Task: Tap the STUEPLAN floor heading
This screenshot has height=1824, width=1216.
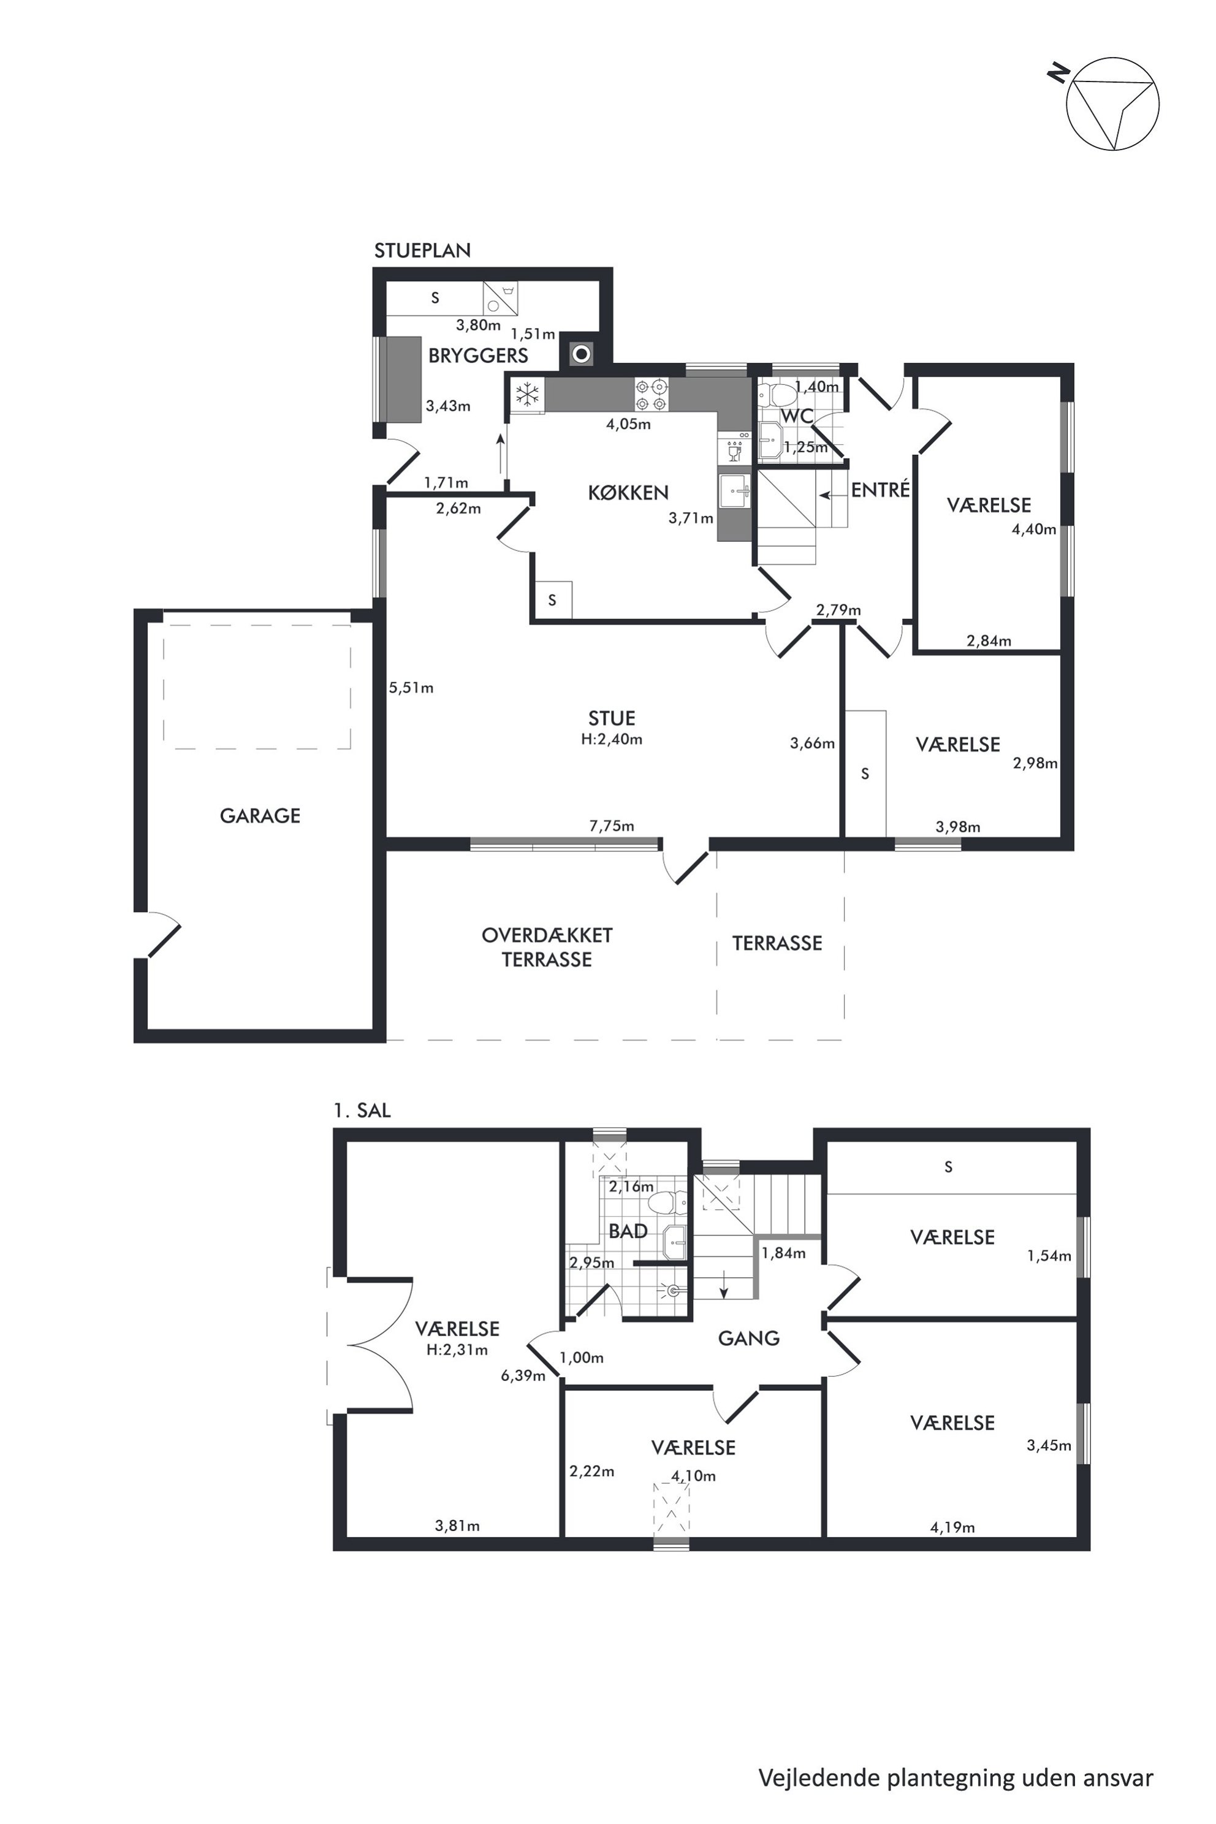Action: (423, 251)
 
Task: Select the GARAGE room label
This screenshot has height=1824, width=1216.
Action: (260, 815)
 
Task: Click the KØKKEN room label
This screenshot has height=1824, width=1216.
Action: (628, 492)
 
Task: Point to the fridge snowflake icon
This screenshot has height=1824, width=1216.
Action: (527, 394)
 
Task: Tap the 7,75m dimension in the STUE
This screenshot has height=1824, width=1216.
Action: (612, 826)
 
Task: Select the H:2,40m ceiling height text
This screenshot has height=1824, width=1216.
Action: (612, 739)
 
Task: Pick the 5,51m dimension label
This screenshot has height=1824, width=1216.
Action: (411, 687)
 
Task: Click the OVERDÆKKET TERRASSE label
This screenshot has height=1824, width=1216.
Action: (547, 947)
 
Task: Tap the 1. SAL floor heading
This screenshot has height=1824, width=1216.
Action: (362, 1110)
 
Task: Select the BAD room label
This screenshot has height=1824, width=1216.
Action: (628, 1231)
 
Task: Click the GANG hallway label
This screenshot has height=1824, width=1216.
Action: (748, 1338)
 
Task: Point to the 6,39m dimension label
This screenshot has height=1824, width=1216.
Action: (523, 1376)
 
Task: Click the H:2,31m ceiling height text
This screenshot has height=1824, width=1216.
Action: (457, 1350)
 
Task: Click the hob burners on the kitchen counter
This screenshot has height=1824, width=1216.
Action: (652, 394)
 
